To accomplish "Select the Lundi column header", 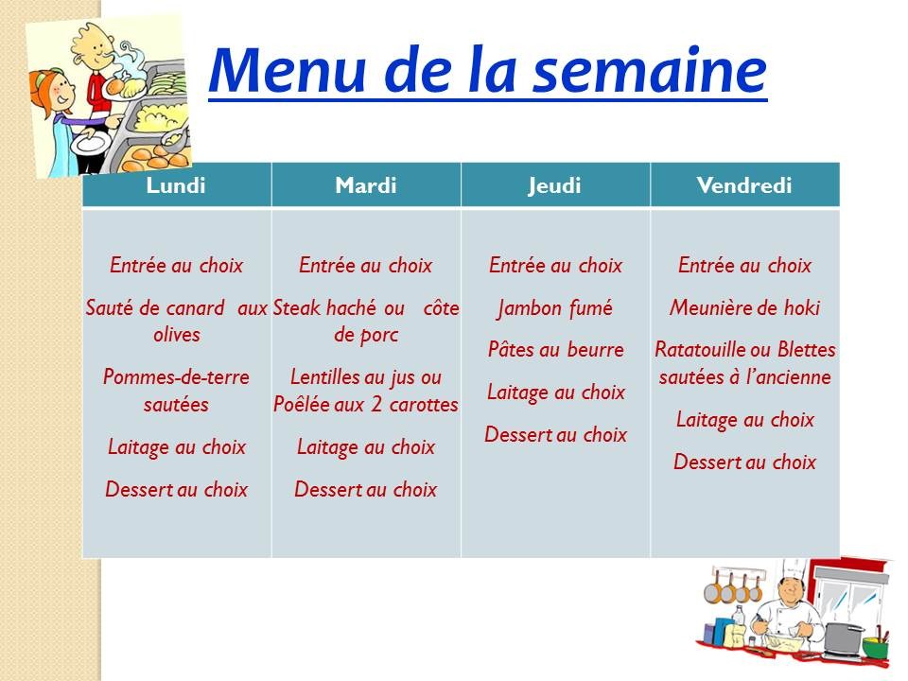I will [x=176, y=185].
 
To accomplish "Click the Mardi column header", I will [x=366, y=185].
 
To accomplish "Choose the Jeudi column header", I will [x=555, y=185].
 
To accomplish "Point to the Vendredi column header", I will [x=744, y=185].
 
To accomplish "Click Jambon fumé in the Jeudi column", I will [x=555, y=308].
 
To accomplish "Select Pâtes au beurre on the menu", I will [x=555, y=350].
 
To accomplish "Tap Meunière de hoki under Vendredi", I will [x=744, y=308].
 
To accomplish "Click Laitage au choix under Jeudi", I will [x=555, y=392].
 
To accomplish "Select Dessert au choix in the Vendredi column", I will [x=744, y=463].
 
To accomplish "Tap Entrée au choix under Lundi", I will [x=176, y=266].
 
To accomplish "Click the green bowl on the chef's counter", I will [x=876, y=647].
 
